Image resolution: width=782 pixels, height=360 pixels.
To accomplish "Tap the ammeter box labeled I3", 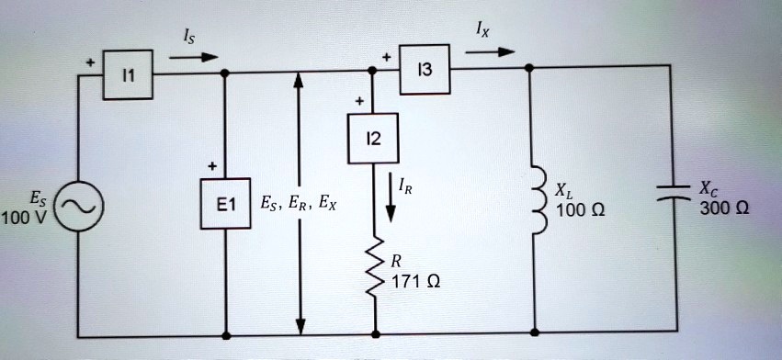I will tap(425, 69).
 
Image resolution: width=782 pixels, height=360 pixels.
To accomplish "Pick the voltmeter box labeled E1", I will tap(225, 205).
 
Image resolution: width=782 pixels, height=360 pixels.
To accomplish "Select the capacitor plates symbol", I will tap(677, 193).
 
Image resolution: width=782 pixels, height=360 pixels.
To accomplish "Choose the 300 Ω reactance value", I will tap(723, 208).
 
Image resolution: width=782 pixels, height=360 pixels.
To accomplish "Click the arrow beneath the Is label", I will tap(194, 57).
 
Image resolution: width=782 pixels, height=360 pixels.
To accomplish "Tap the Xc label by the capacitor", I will tap(710, 189).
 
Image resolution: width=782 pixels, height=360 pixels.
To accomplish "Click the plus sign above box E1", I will tap(212, 166).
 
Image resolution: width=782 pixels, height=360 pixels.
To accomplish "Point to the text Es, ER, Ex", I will tap(298, 204).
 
